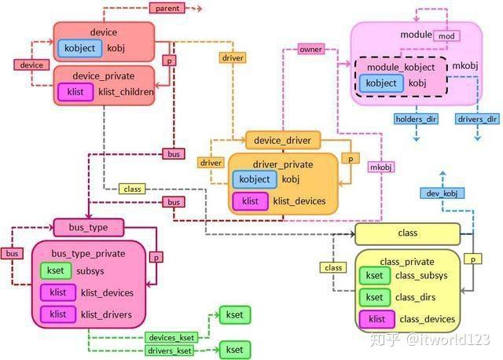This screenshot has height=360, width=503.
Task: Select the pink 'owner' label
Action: tap(310, 50)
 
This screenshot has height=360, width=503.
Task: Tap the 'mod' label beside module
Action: tap(446, 36)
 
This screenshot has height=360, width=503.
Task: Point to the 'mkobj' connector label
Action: tap(381, 167)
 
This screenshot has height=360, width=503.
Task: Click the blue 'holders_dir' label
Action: tap(417, 119)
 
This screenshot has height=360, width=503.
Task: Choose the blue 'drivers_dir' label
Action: tap(476, 119)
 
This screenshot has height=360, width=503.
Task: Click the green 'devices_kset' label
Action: tap(171, 336)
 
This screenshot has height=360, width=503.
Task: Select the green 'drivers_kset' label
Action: tap(171, 350)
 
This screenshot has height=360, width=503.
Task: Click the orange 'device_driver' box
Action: tap(282, 141)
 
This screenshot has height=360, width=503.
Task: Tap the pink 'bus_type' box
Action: tap(89, 228)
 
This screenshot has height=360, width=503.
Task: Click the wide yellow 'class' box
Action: tap(407, 233)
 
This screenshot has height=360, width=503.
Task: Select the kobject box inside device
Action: tap(79, 49)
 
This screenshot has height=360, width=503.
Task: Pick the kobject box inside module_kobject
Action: tap(383, 83)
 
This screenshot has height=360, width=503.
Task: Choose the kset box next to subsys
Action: tap(55, 271)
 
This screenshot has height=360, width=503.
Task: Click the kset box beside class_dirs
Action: tap(375, 297)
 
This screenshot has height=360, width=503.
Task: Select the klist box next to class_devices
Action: tap(376, 319)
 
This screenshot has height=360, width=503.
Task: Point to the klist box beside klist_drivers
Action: tap(57, 314)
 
